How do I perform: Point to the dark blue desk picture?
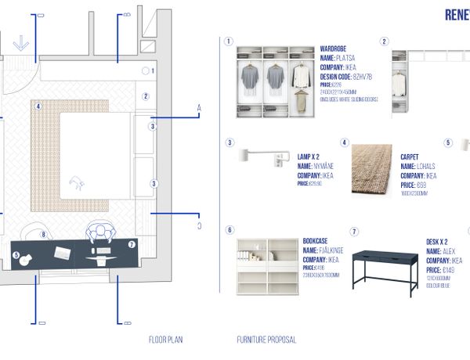tap(385, 270)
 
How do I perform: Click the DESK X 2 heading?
tap(443, 242)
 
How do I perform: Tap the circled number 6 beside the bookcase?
tap(230, 231)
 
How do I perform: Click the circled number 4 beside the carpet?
tap(345, 143)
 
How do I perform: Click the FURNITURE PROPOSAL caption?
tap(266, 340)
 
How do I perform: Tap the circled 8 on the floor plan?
tap(44, 234)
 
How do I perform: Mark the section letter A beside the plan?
tap(199, 107)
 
